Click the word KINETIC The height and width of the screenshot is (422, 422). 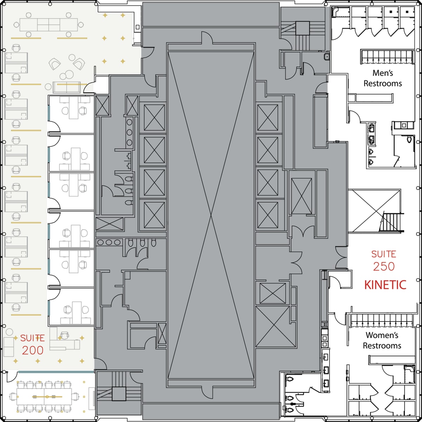[385, 284]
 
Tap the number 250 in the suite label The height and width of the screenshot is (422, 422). [384, 267]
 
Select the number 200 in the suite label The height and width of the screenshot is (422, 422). [33, 350]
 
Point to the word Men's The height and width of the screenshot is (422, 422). [383, 73]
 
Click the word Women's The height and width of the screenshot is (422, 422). [382, 335]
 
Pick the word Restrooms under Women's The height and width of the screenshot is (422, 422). [382, 346]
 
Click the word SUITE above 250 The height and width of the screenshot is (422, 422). [384, 254]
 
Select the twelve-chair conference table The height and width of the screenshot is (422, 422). [44, 397]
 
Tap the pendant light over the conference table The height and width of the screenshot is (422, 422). [44, 397]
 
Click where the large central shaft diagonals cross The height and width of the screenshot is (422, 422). [211, 215]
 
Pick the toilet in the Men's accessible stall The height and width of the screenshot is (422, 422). [409, 140]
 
